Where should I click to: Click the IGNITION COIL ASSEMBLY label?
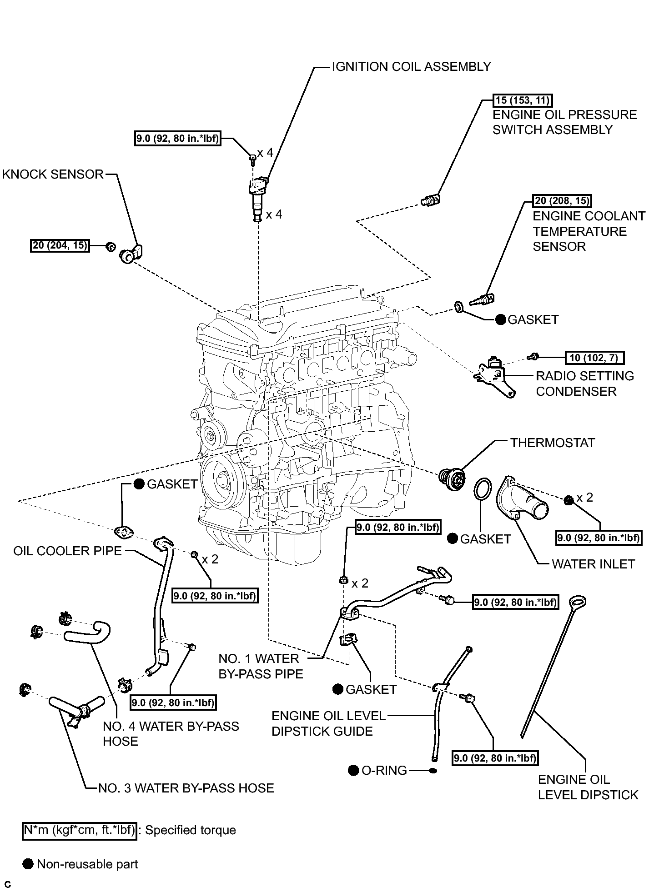[x=411, y=66]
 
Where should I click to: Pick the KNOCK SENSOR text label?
[x=53, y=174]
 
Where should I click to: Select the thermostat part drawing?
[x=452, y=478]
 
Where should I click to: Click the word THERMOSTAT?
[x=553, y=443]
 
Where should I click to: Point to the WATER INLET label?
[x=593, y=564]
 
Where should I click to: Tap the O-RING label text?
[x=384, y=770]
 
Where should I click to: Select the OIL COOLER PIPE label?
[x=68, y=551]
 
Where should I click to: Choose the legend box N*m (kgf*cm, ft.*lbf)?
[x=80, y=830]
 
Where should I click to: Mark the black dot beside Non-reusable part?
[x=28, y=864]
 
